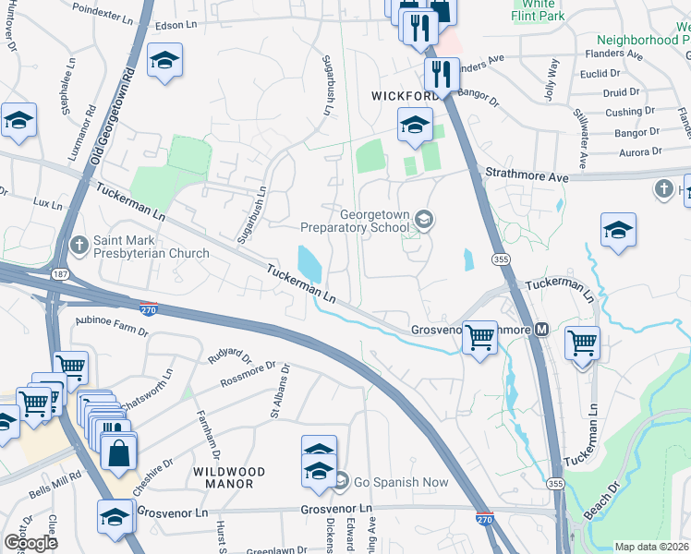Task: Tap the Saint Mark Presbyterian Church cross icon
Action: (79, 245)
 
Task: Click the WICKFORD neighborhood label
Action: (405, 96)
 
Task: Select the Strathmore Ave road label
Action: (524, 175)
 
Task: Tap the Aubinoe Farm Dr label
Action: (112, 320)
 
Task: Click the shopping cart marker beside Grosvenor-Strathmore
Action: (479, 337)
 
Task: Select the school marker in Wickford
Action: (415, 124)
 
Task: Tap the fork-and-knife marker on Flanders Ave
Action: (442, 74)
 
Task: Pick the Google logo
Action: (30, 543)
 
